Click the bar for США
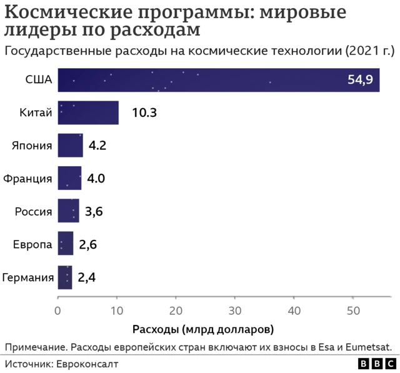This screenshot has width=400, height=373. click(218, 80)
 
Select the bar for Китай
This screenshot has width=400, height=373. click(88, 112)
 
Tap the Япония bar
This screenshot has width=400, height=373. click(70, 146)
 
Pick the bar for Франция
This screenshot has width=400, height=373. click(69, 178)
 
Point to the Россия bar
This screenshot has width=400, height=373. click(68, 211)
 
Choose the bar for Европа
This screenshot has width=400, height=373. click(66, 244)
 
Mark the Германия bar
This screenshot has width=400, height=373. click(65, 277)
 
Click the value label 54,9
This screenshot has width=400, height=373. click(360, 80)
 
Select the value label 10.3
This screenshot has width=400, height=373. click(144, 113)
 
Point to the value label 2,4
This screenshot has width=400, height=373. click(87, 277)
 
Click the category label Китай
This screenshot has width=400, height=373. click(35, 113)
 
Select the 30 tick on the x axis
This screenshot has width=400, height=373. click(234, 309)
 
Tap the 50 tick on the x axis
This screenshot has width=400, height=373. click(352, 309)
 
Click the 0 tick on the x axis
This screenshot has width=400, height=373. click(57, 309)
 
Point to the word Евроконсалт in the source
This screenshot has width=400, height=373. click(88, 363)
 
